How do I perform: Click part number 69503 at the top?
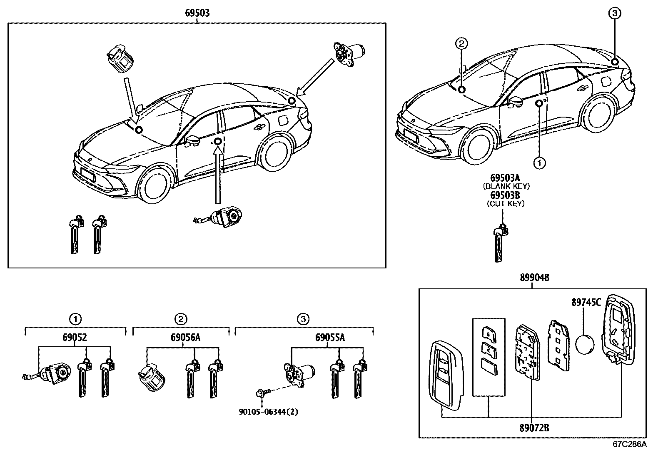[197, 13]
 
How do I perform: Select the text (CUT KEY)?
[506, 203]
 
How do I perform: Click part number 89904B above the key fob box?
[534, 278]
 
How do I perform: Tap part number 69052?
[75, 337]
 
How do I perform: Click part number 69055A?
[331, 337]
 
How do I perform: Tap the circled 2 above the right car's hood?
[461, 43]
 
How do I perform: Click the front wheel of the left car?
[155, 186]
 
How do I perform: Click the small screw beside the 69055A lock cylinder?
[262, 392]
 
